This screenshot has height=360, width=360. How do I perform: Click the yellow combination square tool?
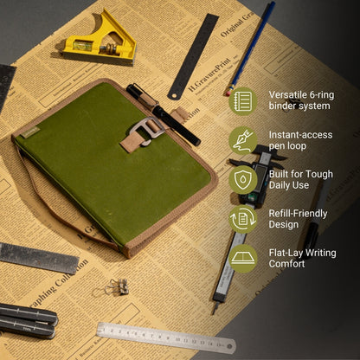click(x=101, y=40)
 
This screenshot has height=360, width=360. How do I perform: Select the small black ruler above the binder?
click(x=193, y=55)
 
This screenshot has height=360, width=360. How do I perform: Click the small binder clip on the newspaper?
click(x=117, y=286)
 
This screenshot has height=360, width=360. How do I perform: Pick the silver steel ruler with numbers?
click(x=165, y=337)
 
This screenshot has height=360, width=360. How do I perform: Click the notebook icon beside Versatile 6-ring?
click(x=242, y=100)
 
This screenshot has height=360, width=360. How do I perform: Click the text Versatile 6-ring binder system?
click(x=299, y=100)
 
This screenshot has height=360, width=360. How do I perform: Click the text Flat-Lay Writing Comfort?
click(x=304, y=258)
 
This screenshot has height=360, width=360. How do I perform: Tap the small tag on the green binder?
click(x=32, y=132)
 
